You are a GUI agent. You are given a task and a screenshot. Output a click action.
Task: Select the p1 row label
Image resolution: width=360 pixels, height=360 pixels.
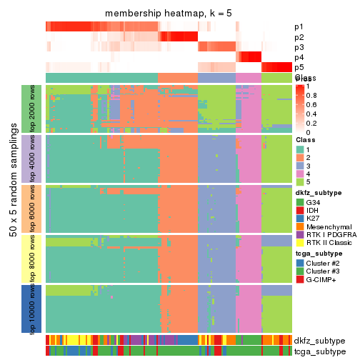point(299,27)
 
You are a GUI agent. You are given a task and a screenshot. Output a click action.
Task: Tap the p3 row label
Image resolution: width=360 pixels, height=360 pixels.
point(299,47)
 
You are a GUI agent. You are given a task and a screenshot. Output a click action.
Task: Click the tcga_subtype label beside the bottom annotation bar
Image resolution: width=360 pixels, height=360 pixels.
point(318,351)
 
